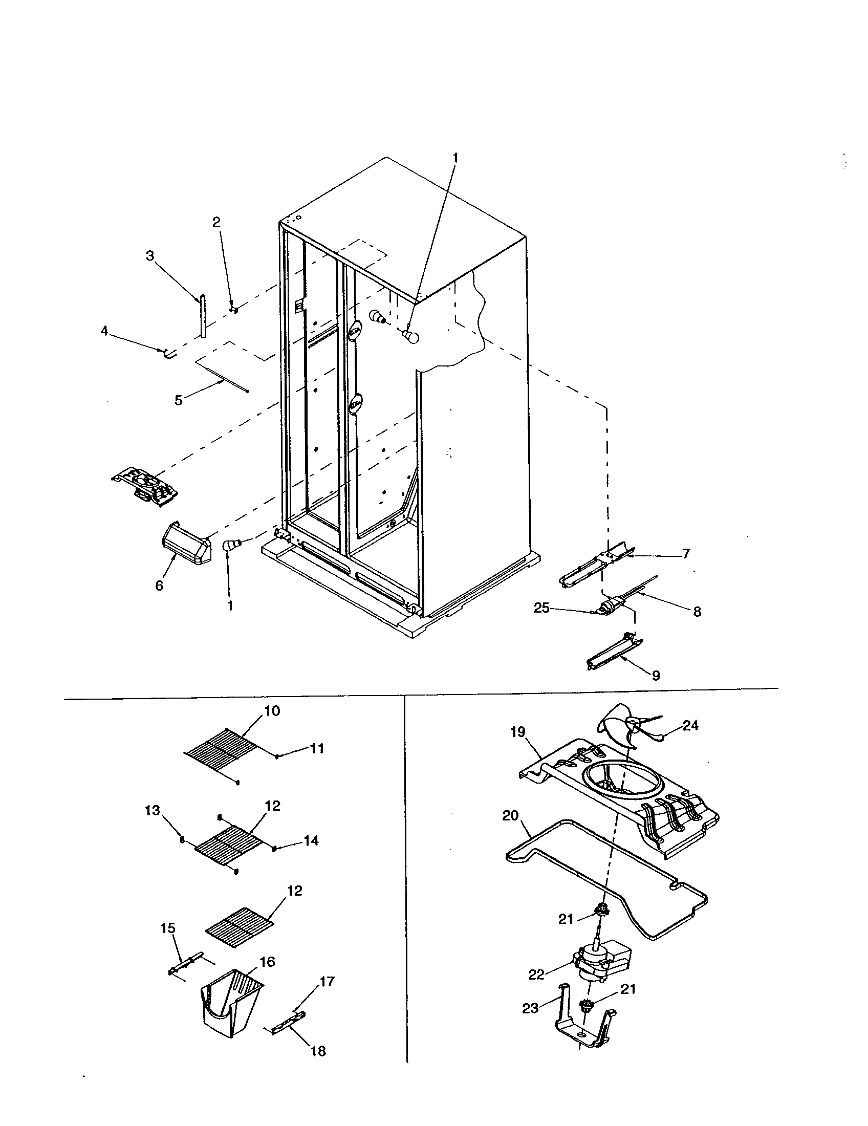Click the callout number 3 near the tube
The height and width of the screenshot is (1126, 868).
pyautogui.click(x=149, y=256)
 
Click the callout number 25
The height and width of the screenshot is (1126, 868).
pyautogui.click(x=541, y=608)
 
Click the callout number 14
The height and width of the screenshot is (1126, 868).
pyautogui.click(x=311, y=841)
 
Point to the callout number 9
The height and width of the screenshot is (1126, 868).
pyautogui.click(x=656, y=676)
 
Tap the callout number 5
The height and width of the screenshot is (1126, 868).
pyautogui.click(x=178, y=401)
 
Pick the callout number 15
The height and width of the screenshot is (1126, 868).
pyautogui.click(x=168, y=928)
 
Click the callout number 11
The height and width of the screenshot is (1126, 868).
pyautogui.click(x=317, y=749)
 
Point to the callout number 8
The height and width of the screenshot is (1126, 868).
pyautogui.click(x=697, y=612)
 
